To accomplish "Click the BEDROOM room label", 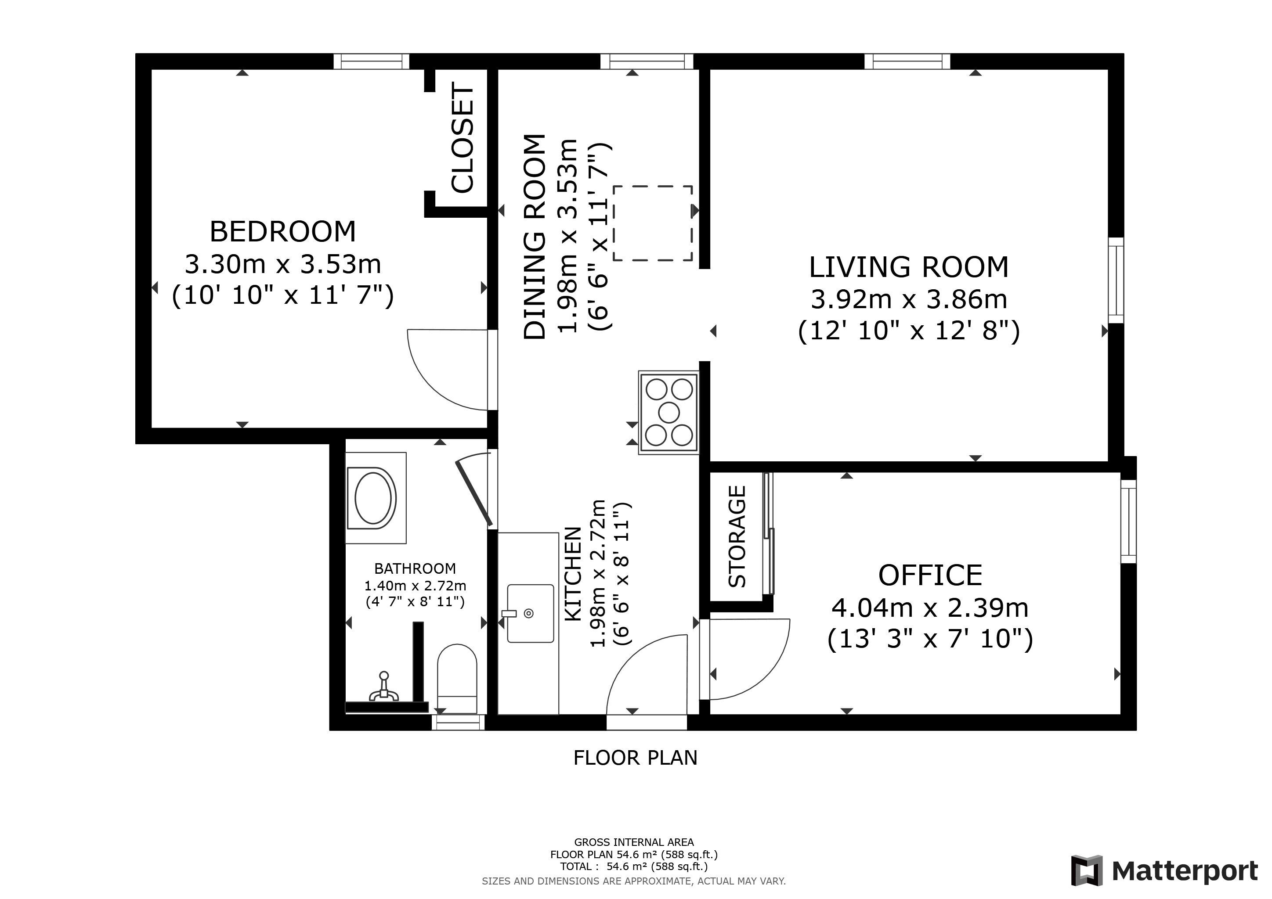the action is [282, 231].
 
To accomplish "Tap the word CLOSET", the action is [463, 138].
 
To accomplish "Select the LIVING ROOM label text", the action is [909, 267].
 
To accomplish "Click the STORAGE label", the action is [737, 536].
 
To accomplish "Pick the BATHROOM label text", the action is [415, 568].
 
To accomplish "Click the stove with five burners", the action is [669, 413].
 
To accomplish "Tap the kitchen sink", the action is [530, 613].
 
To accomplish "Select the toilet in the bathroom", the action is [457, 679].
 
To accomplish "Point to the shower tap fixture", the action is [383, 687].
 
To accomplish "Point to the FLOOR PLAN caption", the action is [636, 758].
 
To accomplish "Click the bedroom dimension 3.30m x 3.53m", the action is [282, 264].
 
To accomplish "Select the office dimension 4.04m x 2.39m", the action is [930, 608].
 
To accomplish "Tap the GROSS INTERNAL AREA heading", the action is [634, 842].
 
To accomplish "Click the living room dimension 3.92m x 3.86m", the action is [909, 299].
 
